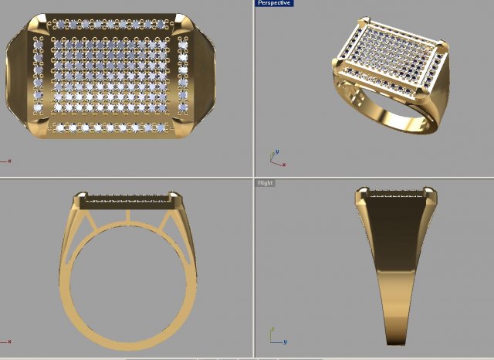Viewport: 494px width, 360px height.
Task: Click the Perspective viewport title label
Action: [x=273, y=3]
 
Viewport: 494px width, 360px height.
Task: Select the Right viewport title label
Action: [x=265, y=183]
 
